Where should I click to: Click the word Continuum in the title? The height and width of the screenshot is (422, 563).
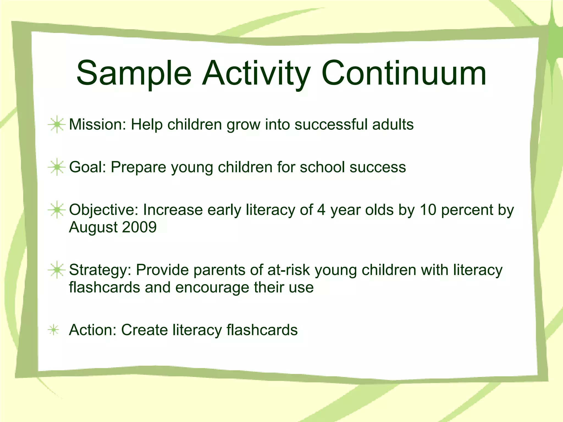tap(404, 74)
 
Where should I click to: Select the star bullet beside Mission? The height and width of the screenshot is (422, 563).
tap(57, 125)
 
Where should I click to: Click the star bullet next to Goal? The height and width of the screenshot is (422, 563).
tap(57, 167)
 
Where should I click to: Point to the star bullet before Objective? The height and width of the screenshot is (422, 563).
tap(57, 210)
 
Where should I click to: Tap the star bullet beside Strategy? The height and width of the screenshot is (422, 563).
tap(57, 270)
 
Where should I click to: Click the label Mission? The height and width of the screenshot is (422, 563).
tap(97, 125)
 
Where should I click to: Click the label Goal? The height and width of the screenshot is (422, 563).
tap(88, 167)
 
